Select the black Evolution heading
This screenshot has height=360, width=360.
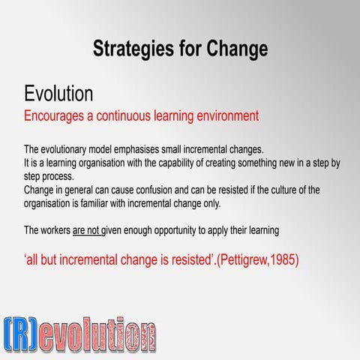58,94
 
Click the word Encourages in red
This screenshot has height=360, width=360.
58,116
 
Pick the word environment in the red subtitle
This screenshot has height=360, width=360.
225,116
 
